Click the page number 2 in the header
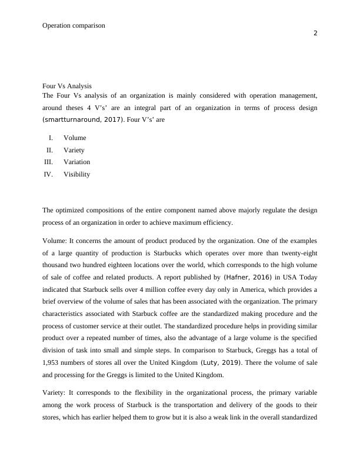tap(315, 33)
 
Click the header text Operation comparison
tap(74, 25)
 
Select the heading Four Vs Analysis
tap(67, 86)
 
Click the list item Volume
tap(75, 138)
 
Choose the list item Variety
tap(74, 150)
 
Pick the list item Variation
tap(77, 162)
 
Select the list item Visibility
tap(77, 174)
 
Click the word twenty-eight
tap(298, 254)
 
